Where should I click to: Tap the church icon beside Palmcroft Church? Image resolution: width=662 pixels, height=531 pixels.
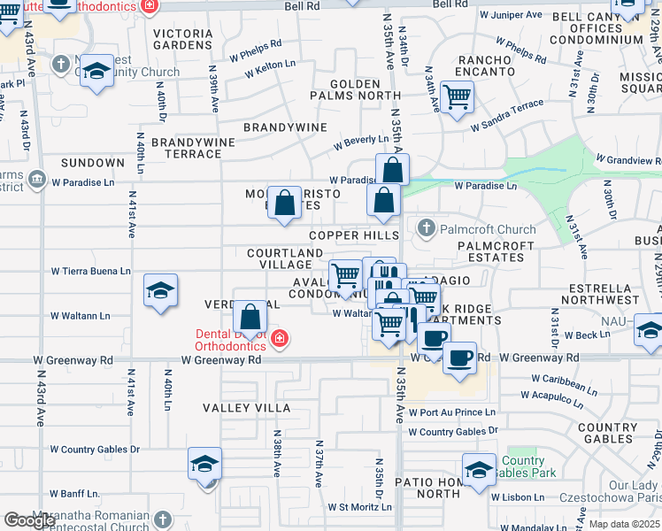tap(427, 229)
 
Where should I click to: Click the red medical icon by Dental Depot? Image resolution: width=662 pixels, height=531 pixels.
tap(279, 339)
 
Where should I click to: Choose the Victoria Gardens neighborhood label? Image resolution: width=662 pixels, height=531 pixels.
tap(183, 39)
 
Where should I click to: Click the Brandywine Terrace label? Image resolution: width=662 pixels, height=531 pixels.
tap(186, 148)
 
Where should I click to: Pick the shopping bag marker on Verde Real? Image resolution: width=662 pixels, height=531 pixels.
tap(250, 316)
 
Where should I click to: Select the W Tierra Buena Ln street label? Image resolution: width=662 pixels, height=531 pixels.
tap(90, 271)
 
